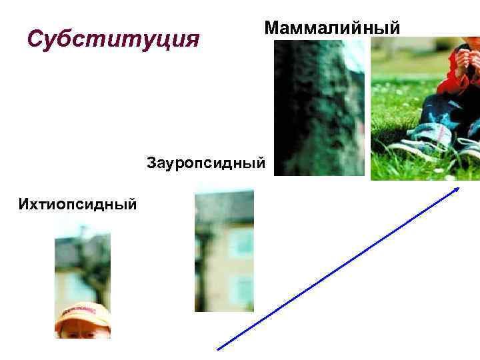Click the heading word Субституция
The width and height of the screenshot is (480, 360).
(x=113, y=39)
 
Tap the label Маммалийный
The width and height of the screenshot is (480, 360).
(x=332, y=28)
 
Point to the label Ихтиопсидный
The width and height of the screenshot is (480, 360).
(x=78, y=202)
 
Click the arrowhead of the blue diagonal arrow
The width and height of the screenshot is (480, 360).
(x=457, y=189)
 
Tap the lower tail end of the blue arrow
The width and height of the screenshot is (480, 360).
(x=220, y=347)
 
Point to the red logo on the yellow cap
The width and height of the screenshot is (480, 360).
(x=81, y=311)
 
